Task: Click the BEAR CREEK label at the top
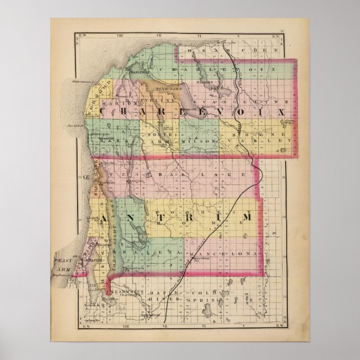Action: point(213,50)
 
